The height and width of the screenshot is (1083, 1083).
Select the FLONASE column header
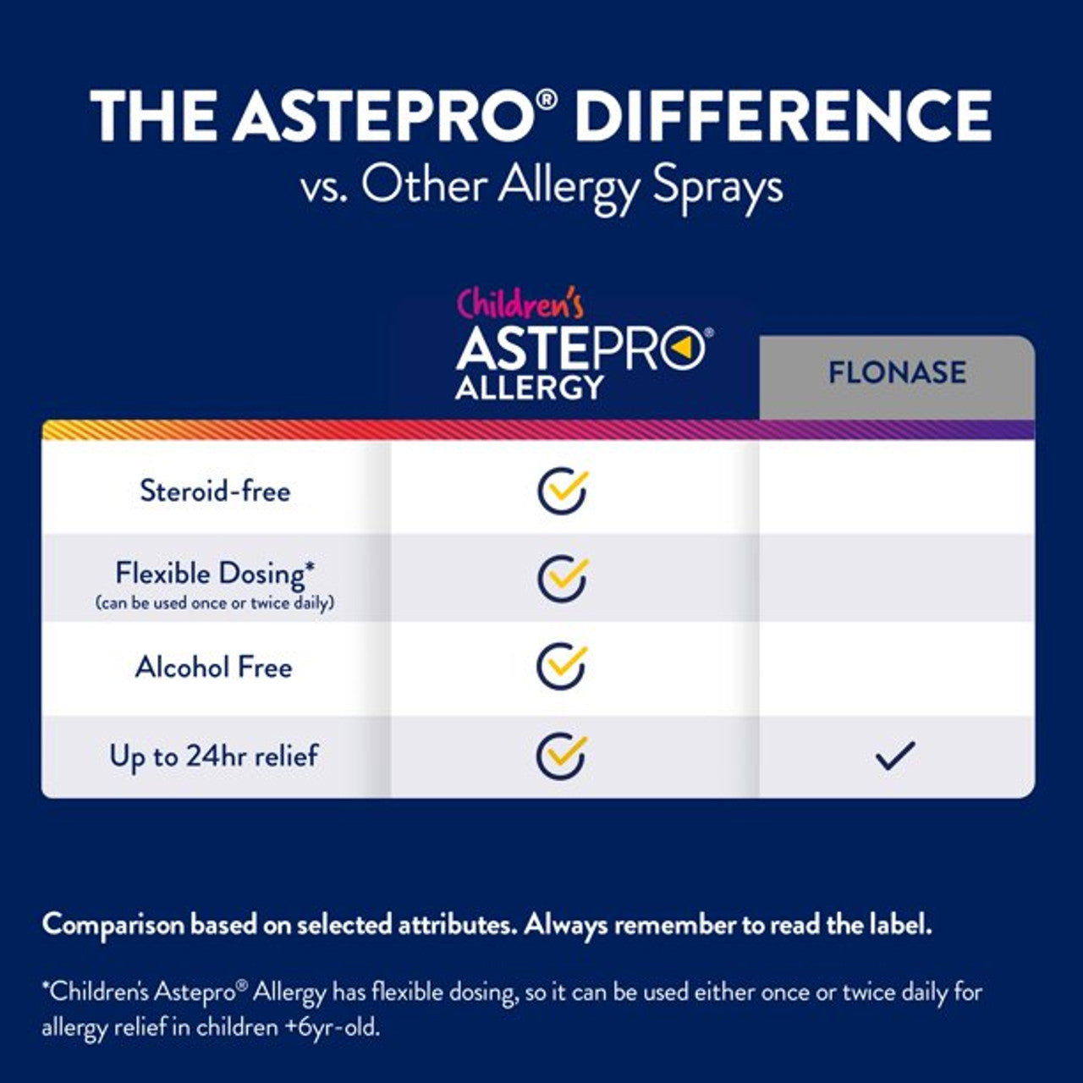click(897, 373)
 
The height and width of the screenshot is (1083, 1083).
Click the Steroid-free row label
click(215, 491)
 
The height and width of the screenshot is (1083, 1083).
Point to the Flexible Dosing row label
click(215, 573)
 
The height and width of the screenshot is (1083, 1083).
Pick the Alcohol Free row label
click(214, 667)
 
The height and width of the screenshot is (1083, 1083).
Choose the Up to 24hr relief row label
click(214, 756)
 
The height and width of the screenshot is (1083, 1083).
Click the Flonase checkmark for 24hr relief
click(896, 755)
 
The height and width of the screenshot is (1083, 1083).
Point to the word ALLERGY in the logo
click(530, 388)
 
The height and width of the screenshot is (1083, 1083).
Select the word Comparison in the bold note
click(113, 924)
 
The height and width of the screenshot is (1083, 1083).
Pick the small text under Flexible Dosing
click(215, 603)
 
